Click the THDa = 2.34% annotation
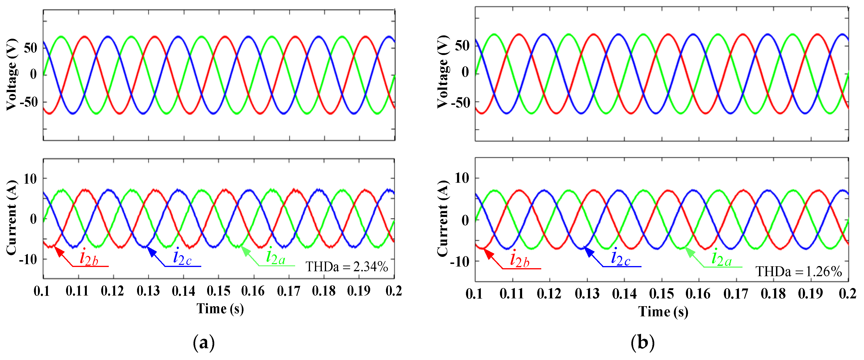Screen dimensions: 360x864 (x=347, y=267)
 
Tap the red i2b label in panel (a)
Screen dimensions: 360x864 (x=89, y=258)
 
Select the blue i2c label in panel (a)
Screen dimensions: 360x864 (x=182, y=257)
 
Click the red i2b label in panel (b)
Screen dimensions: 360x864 (x=520, y=260)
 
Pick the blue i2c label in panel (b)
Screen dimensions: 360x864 (x=621, y=258)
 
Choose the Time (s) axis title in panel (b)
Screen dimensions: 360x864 (x=663, y=312)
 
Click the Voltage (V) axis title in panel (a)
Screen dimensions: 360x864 (x=12, y=75)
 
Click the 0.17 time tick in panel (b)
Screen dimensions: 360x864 (x=736, y=294)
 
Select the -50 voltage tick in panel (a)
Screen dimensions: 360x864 (x=29, y=102)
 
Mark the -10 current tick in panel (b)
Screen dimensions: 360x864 (x=460, y=261)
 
